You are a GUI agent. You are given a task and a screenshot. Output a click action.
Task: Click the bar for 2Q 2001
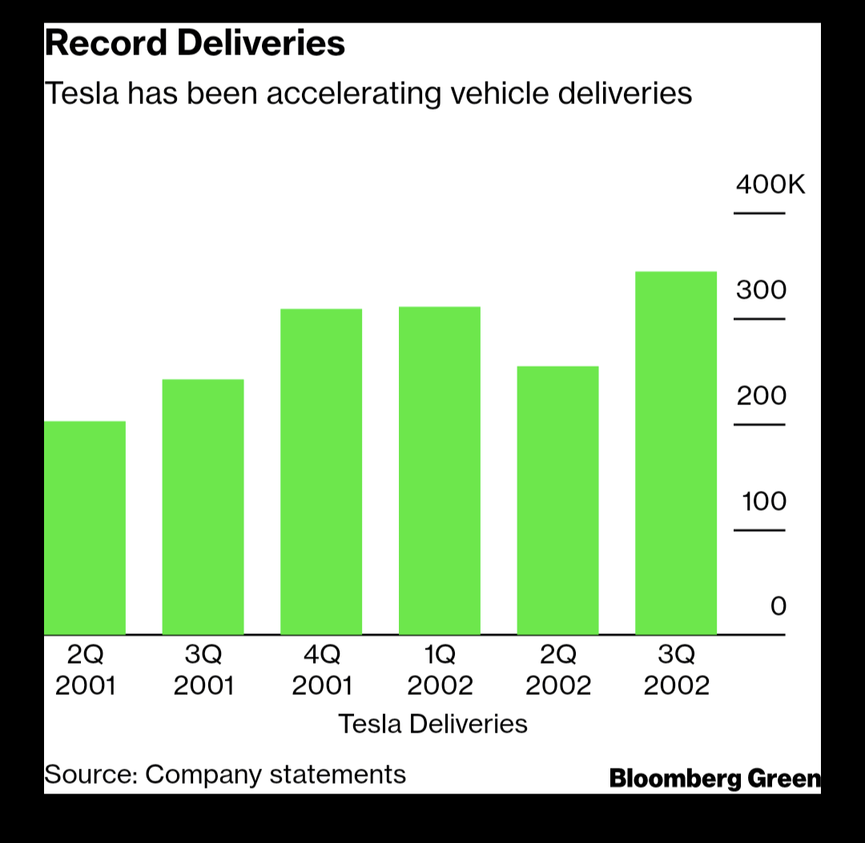pos(84,528)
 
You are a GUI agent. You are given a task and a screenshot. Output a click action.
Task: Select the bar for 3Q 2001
pos(203,507)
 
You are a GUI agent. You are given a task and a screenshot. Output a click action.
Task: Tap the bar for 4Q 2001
pos(321,472)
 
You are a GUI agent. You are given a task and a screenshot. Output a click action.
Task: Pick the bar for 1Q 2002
pos(440,471)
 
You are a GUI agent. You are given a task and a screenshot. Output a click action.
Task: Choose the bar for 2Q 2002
pos(557,500)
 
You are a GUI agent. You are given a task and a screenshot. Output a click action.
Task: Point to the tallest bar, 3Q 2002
pos(676,453)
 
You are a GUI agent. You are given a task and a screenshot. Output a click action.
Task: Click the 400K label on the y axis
pos(770,185)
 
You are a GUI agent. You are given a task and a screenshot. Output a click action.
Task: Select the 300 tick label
pos(762,290)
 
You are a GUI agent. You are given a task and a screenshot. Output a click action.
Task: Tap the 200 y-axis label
pos(762,395)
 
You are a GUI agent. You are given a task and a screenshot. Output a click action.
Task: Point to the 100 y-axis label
pos(763,501)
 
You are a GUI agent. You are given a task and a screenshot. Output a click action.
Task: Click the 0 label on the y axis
pos(778,606)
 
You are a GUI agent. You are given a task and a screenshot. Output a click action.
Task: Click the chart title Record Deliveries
pos(195,44)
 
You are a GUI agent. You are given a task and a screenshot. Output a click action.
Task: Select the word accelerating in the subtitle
pos(354,94)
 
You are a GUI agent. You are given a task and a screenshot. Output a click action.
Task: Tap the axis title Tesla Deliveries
pos(432,724)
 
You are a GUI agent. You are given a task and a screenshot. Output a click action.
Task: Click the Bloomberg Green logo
pos(714,778)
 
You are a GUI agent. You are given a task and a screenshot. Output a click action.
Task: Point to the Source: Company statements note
pos(225,774)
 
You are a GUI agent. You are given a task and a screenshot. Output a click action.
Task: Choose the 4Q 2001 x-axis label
pos(321,671)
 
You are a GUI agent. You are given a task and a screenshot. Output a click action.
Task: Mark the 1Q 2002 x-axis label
pos(440,671)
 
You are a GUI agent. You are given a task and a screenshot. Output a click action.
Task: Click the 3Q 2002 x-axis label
pos(676,671)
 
